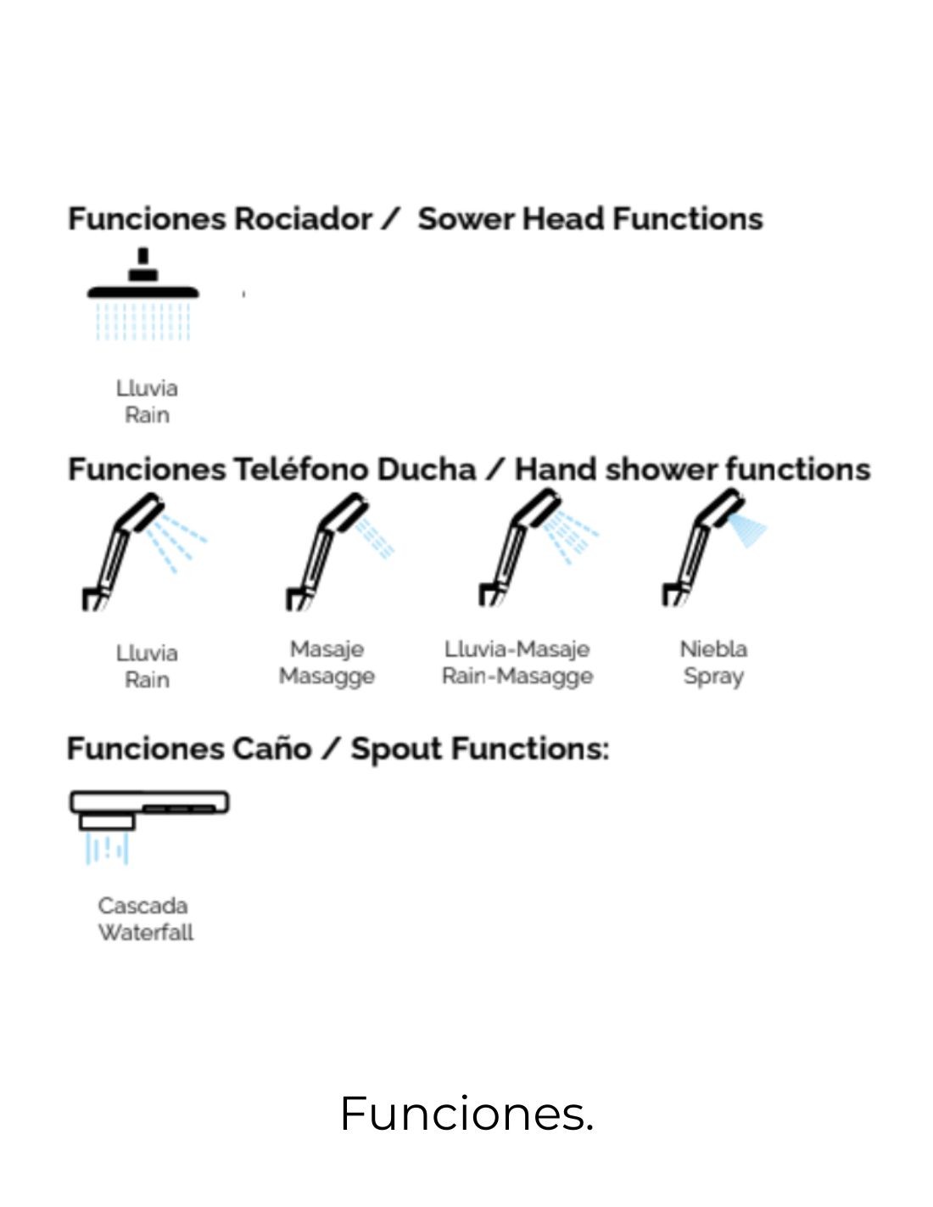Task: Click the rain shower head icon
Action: tap(142, 294)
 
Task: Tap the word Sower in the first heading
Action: tap(466, 219)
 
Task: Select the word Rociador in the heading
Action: tap(303, 219)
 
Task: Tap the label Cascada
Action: tap(142, 906)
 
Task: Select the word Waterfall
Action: tap(146, 932)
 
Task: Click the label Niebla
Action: tap(713, 649)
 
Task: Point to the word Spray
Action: tap(713, 676)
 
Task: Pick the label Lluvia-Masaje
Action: tap(517, 649)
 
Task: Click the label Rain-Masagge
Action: tap(517, 676)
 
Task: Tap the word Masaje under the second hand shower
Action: tap(327, 649)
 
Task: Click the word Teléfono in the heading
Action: tap(300, 469)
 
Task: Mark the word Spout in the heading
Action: tap(396, 749)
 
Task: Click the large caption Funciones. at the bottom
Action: tap(466, 1113)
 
